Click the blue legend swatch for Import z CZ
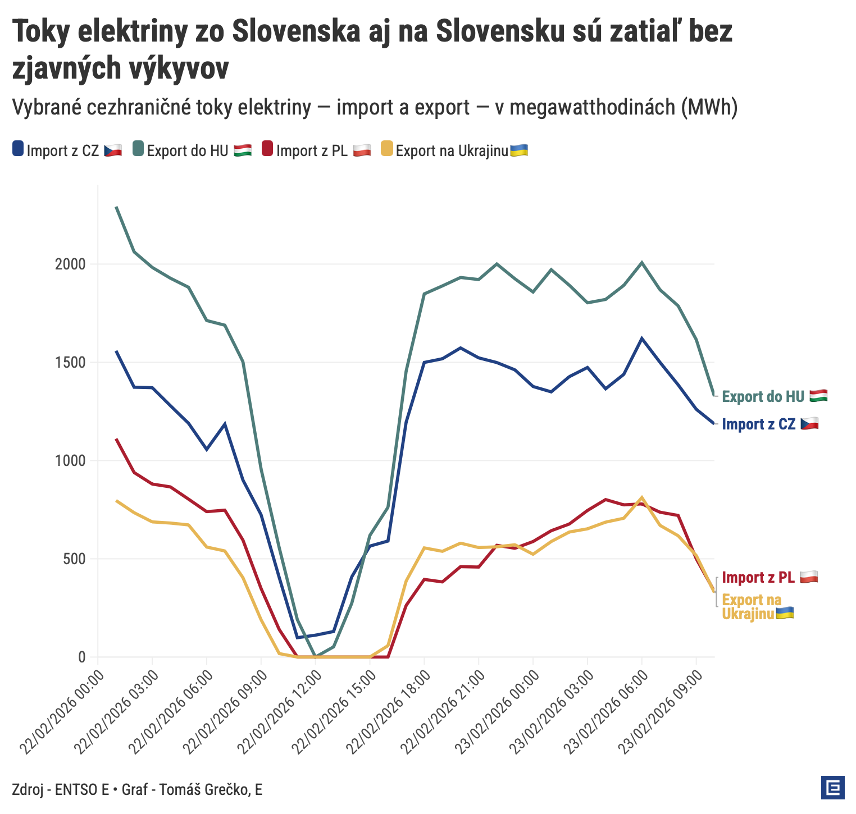pyautogui.click(x=18, y=149)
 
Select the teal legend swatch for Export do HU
pyautogui.click(x=138, y=149)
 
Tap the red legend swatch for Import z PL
pyautogui.click(x=267, y=149)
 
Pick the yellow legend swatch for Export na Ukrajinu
pyautogui.click(x=387, y=149)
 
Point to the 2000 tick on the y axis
pyautogui.click(x=74, y=264)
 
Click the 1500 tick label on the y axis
pyautogui.click(x=74, y=363)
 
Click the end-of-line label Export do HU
pyautogui.click(x=763, y=396)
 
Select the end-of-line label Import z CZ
pyautogui.click(x=758, y=424)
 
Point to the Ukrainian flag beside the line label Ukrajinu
pyautogui.click(x=785, y=614)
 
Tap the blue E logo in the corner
pyautogui.click(x=832, y=788)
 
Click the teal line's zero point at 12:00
pyautogui.click(x=315, y=656)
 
